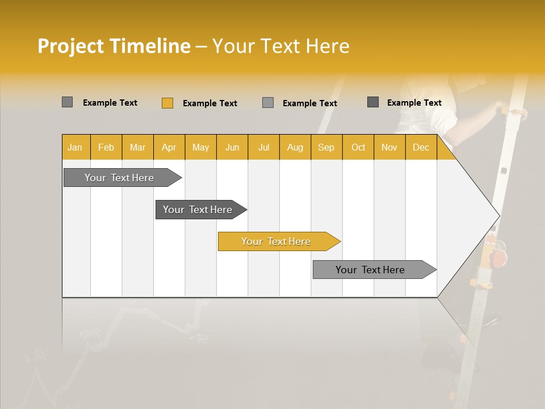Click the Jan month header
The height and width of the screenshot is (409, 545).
click(75, 148)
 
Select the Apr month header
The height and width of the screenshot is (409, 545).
click(169, 148)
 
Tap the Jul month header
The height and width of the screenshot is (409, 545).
click(263, 148)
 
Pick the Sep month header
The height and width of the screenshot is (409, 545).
click(326, 148)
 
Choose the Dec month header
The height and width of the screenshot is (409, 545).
click(421, 148)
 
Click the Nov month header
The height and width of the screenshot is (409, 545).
click(389, 148)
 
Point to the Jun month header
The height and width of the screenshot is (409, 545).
click(232, 148)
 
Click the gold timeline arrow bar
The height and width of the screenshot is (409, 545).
click(276, 241)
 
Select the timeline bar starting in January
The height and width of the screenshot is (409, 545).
click(120, 178)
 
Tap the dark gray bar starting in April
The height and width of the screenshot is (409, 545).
click(198, 210)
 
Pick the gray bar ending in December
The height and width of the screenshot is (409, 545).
click(371, 270)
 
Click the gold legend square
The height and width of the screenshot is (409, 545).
click(167, 103)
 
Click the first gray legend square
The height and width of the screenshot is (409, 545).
click(67, 102)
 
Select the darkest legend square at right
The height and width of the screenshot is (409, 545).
click(372, 102)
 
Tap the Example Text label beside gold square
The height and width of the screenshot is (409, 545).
click(209, 103)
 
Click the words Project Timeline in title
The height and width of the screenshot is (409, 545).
click(114, 46)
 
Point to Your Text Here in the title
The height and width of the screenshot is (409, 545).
click(280, 46)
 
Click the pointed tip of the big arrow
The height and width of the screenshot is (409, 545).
click(498, 216)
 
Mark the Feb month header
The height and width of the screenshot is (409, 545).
click(106, 148)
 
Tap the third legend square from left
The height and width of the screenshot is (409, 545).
click(268, 103)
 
